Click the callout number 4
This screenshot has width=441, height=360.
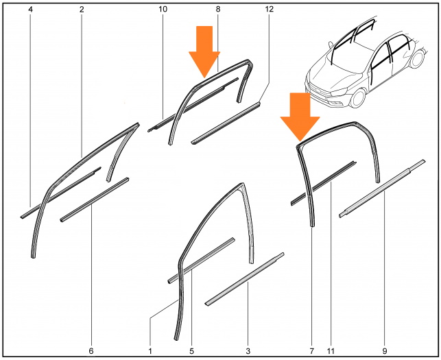click(x=30, y=10)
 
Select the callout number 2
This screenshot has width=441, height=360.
click(x=82, y=10)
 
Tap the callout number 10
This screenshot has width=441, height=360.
click(x=163, y=10)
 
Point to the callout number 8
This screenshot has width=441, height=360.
click(x=218, y=9)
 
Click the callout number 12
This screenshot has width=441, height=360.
click(x=269, y=9)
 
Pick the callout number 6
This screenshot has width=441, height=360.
click(x=91, y=351)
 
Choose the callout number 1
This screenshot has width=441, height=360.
click(x=150, y=351)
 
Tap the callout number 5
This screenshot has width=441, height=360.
click(x=191, y=351)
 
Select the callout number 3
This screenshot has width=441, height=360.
click(x=248, y=351)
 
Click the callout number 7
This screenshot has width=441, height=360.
click(x=311, y=351)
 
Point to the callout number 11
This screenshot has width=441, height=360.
click(x=331, y=351)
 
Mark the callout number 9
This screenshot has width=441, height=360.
click(x=385, y=351)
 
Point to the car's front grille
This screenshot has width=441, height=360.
click(x=320, y=92)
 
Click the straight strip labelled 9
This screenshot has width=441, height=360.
click(x=382, y=189)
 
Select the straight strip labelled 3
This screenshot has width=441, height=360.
click(x=245, y=280)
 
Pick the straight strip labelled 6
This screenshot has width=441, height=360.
click(x=94, y=200)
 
